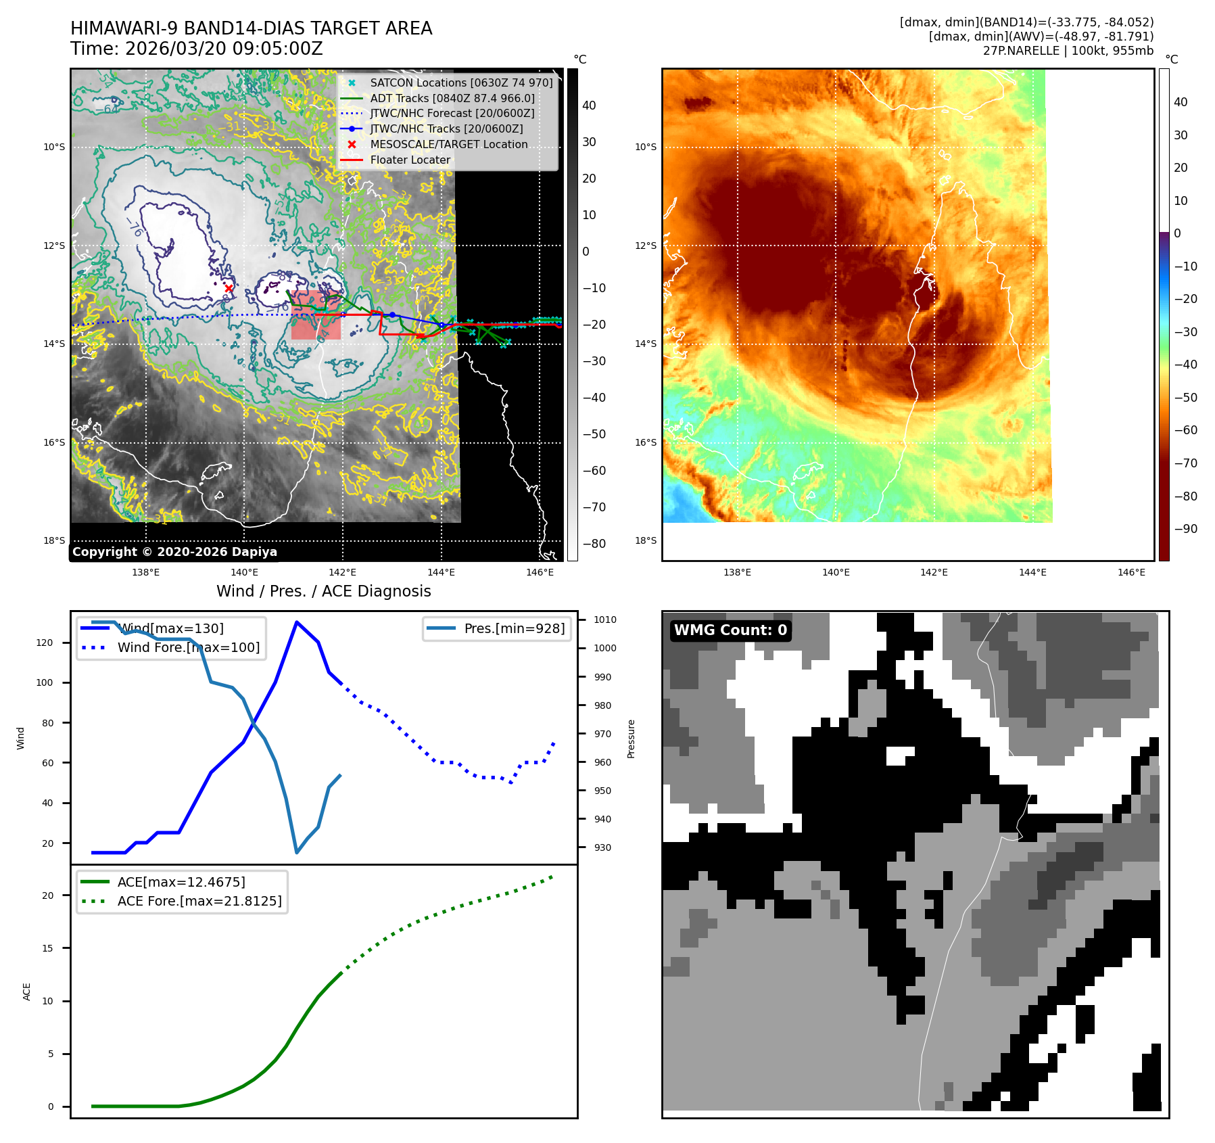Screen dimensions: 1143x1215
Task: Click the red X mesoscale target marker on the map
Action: click(x=229, y=288)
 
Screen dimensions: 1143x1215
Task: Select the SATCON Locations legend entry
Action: click(x=461, y=83)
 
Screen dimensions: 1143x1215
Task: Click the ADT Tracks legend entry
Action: click(x=452, y=98)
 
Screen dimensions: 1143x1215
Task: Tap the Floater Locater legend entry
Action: click(x=410, y=160)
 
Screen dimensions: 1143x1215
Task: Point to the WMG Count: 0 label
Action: click(x=730, y=630)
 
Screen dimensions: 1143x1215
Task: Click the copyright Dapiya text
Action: click(x=174, y=551)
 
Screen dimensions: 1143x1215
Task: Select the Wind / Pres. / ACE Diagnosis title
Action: click(x=323, y=591)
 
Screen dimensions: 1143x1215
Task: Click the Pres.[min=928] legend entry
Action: click(x=514, y=628)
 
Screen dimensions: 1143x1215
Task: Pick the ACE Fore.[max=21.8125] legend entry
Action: click(x=199, y=901)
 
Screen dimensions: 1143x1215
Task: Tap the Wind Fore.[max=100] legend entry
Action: click(x=189, y=647)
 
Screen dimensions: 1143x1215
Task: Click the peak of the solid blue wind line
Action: click(x=297, y=622)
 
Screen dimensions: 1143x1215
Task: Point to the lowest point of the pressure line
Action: click(x=297, y=852)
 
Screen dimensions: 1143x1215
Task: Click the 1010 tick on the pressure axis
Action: click(x=604, y=620)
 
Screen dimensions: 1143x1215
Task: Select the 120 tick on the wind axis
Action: click(x=45, y=643)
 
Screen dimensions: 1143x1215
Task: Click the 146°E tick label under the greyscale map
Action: click(x=540, y=572)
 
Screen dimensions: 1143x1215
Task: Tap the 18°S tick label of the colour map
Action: click(x=645, y=540)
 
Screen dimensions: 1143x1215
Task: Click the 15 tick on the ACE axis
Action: click(x=47, y=948)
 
